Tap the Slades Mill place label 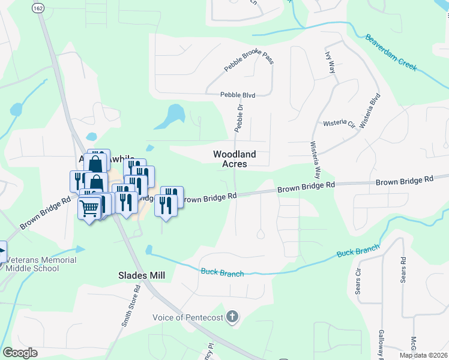141,275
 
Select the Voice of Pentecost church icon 234,317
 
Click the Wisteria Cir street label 339,124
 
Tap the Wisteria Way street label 313,160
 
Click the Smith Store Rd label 131,305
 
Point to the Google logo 20,353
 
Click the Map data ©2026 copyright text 423,355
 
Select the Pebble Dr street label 239,118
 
